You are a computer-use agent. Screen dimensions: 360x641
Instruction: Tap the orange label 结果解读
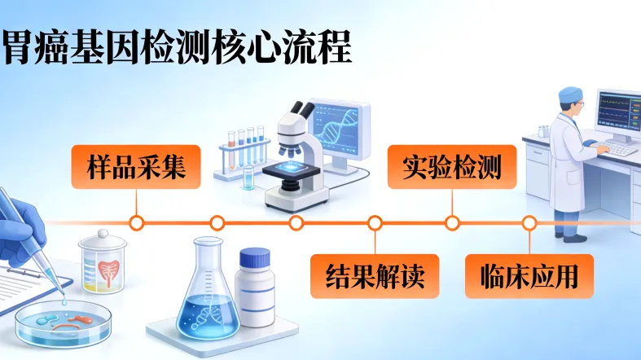pyautogui.click(x=375, y=276)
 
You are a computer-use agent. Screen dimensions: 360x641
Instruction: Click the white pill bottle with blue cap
pyautogui.click(x=255, y=288)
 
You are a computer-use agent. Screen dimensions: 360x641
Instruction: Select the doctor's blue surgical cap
pyautogui.click(x=571, y=95)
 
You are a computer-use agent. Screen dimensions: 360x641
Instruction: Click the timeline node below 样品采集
pyautogui.click(x=137, y=222)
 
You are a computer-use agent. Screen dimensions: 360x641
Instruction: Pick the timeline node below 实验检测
pyautogui.click(x=452, y=222)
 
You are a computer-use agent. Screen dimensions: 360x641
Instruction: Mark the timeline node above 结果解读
pyautogui.click(x=375, y=222)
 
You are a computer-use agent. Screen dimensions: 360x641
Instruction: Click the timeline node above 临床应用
pyautogui.click(x=529, y=222)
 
